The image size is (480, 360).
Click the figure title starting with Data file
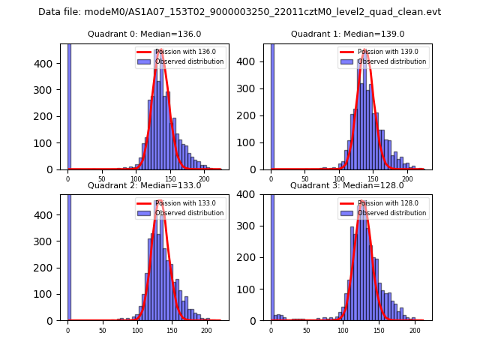[239, 12]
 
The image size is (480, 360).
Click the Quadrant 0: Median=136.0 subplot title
[144, 34]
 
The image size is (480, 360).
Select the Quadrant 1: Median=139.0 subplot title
[347, 34]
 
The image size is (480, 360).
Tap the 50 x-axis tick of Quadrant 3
[307, 329]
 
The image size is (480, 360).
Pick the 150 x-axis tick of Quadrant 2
[172, 329]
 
